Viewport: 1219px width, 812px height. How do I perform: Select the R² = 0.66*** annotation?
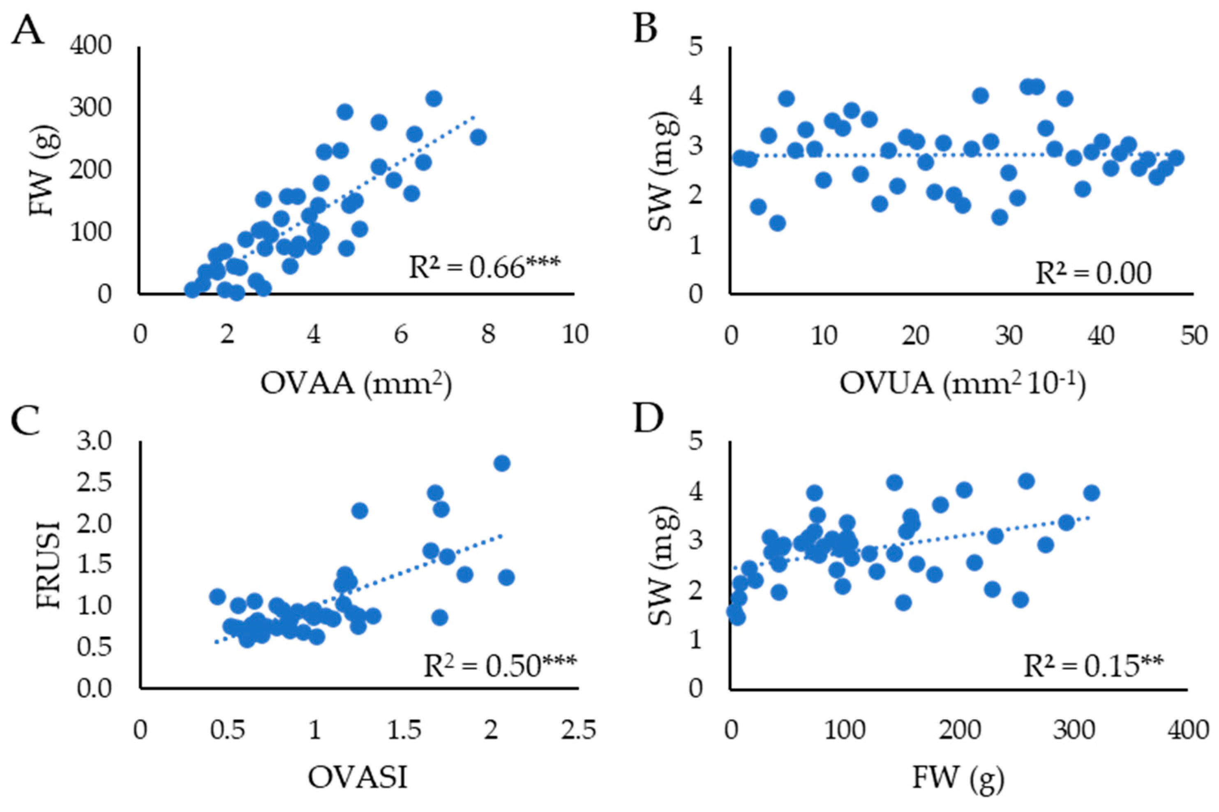tap(484, 268)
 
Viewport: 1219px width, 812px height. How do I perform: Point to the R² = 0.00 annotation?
tap(1093, 273)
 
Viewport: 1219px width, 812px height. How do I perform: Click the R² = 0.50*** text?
tap(499, 667)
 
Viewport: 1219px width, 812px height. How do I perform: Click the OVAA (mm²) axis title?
tap(356, 385)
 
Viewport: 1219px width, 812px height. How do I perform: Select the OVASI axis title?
tap(357, 777)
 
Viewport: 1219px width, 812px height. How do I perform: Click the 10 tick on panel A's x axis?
tap(575, 335)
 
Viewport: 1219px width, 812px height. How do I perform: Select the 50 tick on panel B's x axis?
tap(1193, 335)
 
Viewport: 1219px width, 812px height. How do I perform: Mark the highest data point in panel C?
tap(502, 464)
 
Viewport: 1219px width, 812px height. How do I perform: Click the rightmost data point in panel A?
tap(478, 137)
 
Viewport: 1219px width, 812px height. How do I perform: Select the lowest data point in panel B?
tap(777, 223)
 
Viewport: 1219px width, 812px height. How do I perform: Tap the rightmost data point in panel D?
tap(1091, 492)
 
